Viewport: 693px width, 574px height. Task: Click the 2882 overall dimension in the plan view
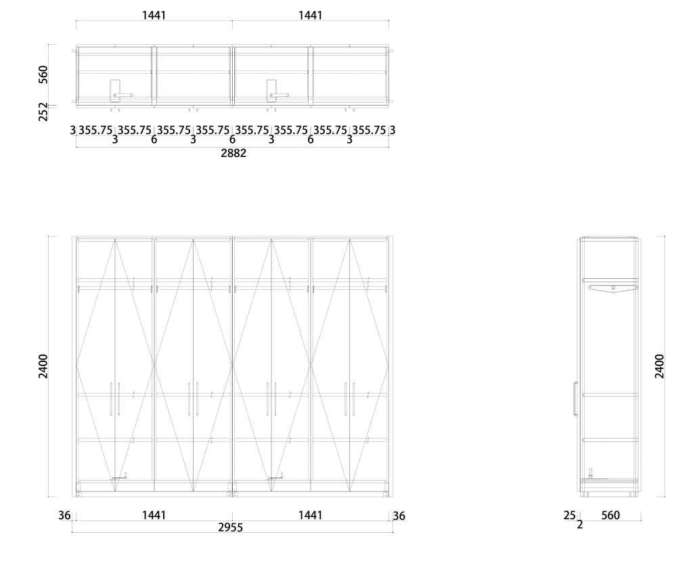coord(233,154)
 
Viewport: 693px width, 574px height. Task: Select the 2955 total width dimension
coord(231,527)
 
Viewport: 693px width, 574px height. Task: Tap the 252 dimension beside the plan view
coord(43,111)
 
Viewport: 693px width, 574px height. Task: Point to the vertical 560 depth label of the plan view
coord(43,74)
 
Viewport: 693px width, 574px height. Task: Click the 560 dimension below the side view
coord(610,516)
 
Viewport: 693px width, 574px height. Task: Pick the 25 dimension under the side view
coord(569,516)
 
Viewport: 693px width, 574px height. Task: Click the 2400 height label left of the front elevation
coord(43,366)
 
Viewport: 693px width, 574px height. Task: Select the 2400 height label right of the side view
coord(660,366)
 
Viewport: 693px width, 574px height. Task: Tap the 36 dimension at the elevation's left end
coord(64,516)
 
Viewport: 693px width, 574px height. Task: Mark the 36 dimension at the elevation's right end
coord(399,516)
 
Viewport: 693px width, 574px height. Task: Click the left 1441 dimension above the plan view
coord(154,15)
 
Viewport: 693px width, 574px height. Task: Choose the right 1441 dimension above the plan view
coord(310,15)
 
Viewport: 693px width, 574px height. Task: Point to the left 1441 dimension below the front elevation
coord(154,515)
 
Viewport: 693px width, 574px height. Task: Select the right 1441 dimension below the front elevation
coord(310,515)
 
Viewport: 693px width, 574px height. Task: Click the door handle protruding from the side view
coord(575,399)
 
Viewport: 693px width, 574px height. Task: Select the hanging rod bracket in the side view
coord(612,288)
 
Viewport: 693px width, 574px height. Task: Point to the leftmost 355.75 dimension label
coord(95,130)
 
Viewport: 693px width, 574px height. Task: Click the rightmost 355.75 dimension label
coord(370,130)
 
